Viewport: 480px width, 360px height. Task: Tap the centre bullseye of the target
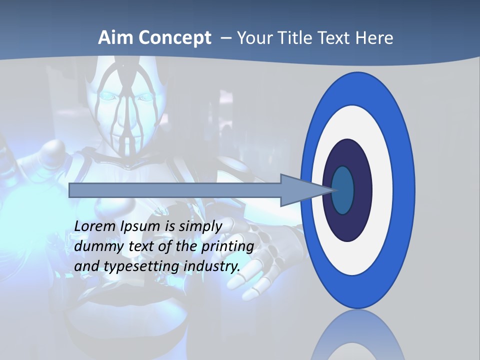click(x=343, y=190)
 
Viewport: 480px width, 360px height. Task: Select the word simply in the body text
click(x=200, y=226)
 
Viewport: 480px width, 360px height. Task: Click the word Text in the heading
click(x=335, y=38)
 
